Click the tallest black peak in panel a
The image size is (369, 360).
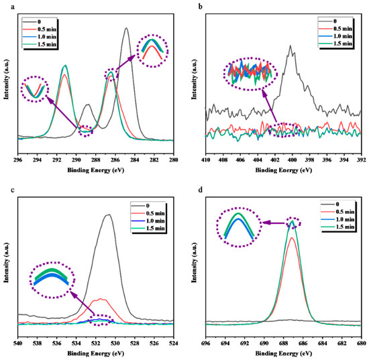pyautogui.click(x=125, y=28)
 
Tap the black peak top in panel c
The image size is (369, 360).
pyautogui.click(x=108, y=215)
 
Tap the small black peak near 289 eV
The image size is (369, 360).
pyautogui.click(x=87, y=105)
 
